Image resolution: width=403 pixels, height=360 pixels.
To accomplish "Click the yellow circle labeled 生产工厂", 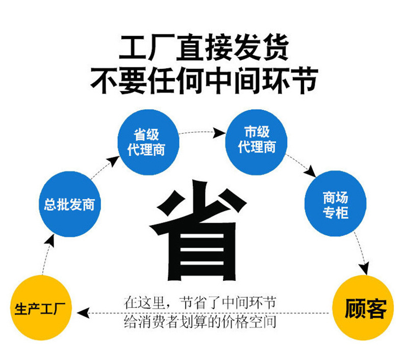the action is (41, 308).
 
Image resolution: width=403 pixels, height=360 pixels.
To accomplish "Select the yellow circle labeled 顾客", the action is (363, 308).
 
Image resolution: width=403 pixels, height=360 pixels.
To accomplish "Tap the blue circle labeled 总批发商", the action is (70, 204).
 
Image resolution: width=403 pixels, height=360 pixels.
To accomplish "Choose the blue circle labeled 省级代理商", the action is (148, 142).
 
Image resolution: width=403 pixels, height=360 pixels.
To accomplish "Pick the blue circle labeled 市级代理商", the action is (256, 142).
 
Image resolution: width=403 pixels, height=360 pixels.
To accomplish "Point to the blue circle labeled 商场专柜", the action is (335, 204).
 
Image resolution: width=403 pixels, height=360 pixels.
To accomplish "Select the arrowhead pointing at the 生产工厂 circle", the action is (83, 313).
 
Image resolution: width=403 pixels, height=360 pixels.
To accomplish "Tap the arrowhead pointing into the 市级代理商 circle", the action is (219, 133).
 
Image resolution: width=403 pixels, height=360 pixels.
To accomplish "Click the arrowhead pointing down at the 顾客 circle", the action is (365, 269).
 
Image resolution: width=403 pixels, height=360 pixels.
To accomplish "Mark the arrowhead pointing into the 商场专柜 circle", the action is (312, 172).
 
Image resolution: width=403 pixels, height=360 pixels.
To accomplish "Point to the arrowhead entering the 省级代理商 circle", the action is (113, 161).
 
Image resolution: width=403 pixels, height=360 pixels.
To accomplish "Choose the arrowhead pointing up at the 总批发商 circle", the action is (50, 241).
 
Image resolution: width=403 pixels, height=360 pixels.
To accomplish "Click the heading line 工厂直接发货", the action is (204, 47).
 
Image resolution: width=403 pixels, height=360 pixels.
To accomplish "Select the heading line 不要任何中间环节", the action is (204, 80).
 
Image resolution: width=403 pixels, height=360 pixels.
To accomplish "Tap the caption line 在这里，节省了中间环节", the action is (199, 303).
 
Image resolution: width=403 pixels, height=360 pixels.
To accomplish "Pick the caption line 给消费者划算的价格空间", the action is (199, 322).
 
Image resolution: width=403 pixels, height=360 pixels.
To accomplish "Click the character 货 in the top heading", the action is (275, 47).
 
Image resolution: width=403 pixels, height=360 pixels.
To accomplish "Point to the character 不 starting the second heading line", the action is (105, 80).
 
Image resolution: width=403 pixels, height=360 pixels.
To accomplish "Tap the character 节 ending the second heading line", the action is (305, 80).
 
